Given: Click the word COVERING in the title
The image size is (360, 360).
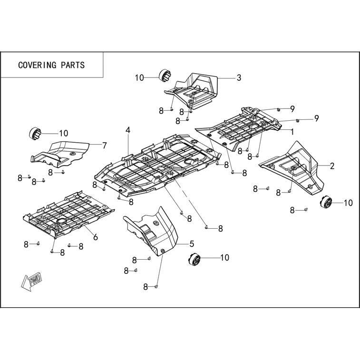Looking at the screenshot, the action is (x=37, y=65).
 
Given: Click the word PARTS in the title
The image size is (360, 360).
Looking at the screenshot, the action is (x=73, y=65).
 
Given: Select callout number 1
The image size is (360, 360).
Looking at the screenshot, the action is (x=292, y=132).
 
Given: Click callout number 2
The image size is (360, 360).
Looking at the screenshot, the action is (x=332, y=166).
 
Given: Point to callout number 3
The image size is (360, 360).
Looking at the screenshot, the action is (x=239, y=78).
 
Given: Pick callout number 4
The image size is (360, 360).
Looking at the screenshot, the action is (x=128, y=130).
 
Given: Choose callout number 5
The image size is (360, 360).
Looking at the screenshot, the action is (x=192, y=243).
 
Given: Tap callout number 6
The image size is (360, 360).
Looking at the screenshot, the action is (x=96, y=237).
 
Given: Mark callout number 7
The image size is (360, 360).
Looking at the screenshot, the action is (x=105, y=146).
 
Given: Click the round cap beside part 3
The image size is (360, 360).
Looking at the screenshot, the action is (x=165, y=75).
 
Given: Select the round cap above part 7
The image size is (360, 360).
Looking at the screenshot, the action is (x=35, y=133).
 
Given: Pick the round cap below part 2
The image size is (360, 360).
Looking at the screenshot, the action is (x=326, y=202).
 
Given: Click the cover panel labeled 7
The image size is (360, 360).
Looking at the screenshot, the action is (x=60, y=154).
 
